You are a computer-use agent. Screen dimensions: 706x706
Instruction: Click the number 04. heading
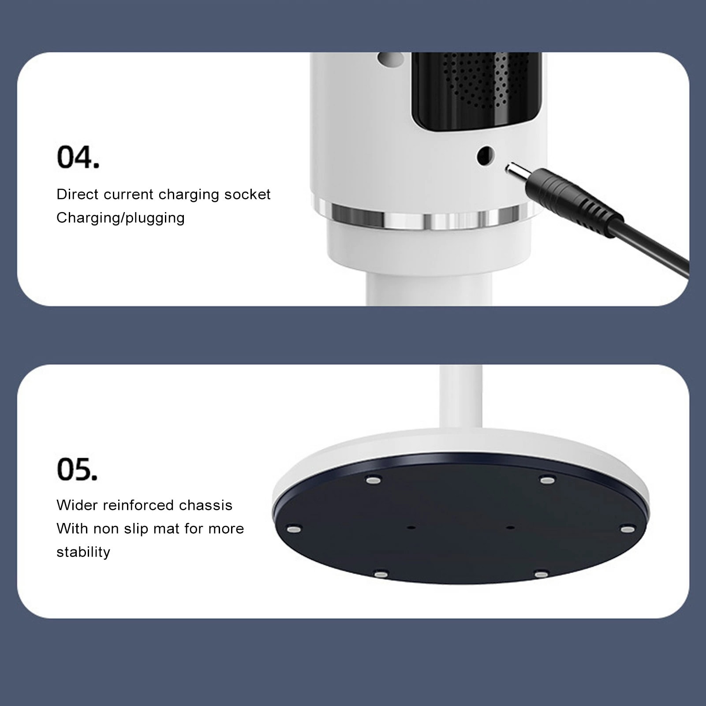[78, 157]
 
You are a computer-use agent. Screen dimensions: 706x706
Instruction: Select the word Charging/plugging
[120, 218]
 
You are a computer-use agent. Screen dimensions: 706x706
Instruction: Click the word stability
[83, 552]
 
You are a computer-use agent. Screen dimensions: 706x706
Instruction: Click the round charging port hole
[486, 156]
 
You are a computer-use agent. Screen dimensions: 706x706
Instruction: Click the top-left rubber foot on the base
[374, 480]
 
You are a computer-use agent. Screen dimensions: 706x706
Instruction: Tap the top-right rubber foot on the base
[547, 480]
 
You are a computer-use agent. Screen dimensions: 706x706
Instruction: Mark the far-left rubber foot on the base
[294, 529]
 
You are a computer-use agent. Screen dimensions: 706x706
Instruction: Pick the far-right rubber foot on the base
[628, 529]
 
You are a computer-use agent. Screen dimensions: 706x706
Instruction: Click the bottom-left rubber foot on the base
[381, 574]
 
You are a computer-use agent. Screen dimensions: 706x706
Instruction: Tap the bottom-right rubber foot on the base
[541, 574]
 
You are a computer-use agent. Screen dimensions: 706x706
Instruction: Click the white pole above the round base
[460, 397]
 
